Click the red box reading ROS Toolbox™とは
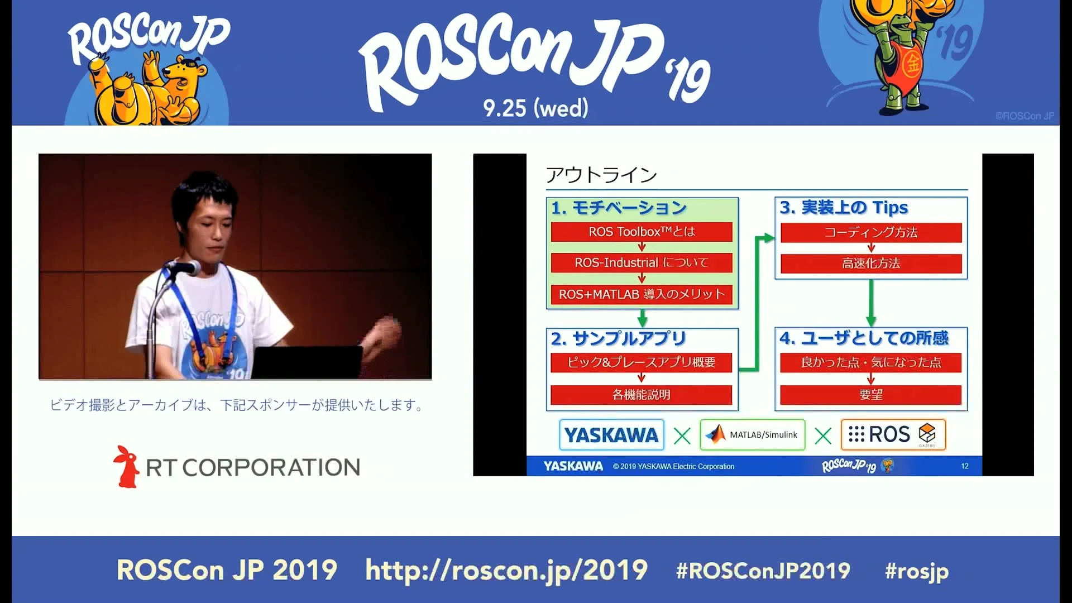pyautogui.click(x=642, y=232)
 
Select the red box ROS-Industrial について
pyautogui.click(x=642, y=262)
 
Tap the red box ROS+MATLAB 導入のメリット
pyautogui.click(x=642, y=294)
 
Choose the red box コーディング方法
pyautogui.click(x=871, y=232)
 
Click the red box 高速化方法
pyautogui.click(x=871, y=264)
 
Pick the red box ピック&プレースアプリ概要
pyautogui.click(x=642, y=362)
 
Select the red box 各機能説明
pyautogui.click(x=642, y=395)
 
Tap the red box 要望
pyautogui.click(x=871, y=395)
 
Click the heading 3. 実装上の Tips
pyautogui.click(x=844, y=208)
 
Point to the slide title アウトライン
pyautogui.click(x=601, y=175)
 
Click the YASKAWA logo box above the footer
pyautogui.click(x=611, y=435)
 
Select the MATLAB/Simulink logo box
pyautogui.click(x=752, y=435)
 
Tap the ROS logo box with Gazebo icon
pyautogui.click(x=893, y=434)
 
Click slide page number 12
pyautogui.click(x=965, y=466)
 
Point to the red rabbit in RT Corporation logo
pyautogui.click(x=127, y=467)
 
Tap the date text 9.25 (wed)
pyautogui.click(x=535, y=108)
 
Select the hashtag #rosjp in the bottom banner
pyautogui.click(x=917, y=571)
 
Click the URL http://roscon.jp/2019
pyautogui.click(x=506, y=571)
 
